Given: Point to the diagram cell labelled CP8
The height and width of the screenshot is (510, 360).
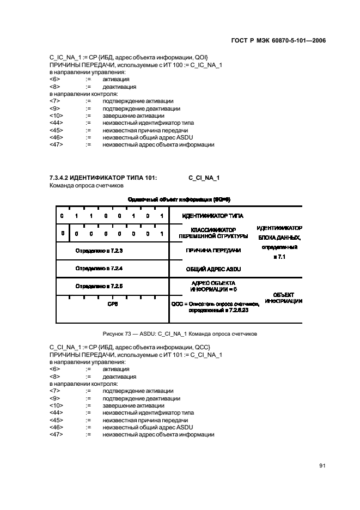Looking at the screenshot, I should [112, 305].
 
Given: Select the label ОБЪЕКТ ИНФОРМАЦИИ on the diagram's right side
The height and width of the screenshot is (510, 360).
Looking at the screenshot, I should [284, 297].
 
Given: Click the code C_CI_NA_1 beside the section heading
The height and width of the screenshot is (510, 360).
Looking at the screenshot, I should [204, 178].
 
